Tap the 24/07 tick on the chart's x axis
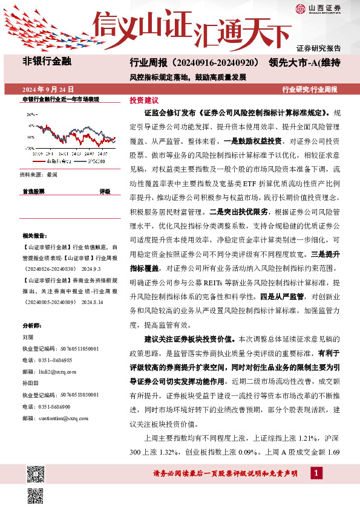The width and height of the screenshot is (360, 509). click(101, 154)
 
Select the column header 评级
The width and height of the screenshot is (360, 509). click(105, 191)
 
